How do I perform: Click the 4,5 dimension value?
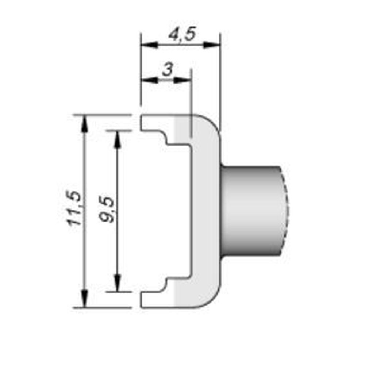click(x=182, y=34)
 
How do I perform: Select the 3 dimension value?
click(x=167, y=69)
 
